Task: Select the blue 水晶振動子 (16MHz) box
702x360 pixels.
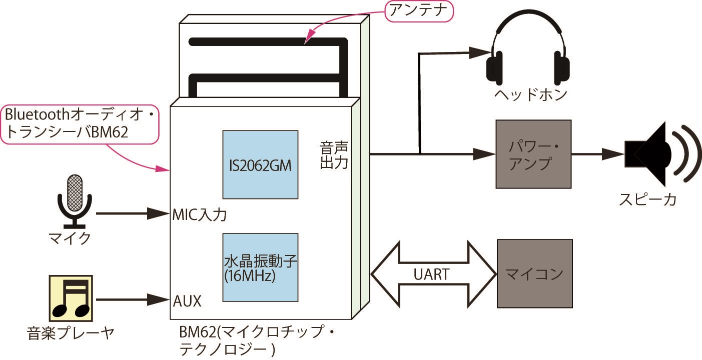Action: [x=260, y=267]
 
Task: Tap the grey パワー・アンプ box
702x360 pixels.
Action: [x=533, y=154]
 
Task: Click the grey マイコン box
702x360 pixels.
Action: [x=534, y=273]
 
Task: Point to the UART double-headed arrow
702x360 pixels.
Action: [x=433, y=273]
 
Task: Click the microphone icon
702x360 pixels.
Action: [x=75, y=200]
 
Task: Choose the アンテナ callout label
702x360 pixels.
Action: [x=419, y=11]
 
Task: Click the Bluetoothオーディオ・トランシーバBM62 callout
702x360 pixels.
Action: [x=80, y=124]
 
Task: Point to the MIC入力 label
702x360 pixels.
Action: [x=199, y=215]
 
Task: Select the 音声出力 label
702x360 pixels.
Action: [x=334, y=155]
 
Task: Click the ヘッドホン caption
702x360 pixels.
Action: [x=530, y=94]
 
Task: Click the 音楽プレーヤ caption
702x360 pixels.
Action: [x=71, y=332]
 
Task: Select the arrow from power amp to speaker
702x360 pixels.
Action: [x=598, y=154]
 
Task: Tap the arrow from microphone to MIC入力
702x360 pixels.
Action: [x=133, y=214]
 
